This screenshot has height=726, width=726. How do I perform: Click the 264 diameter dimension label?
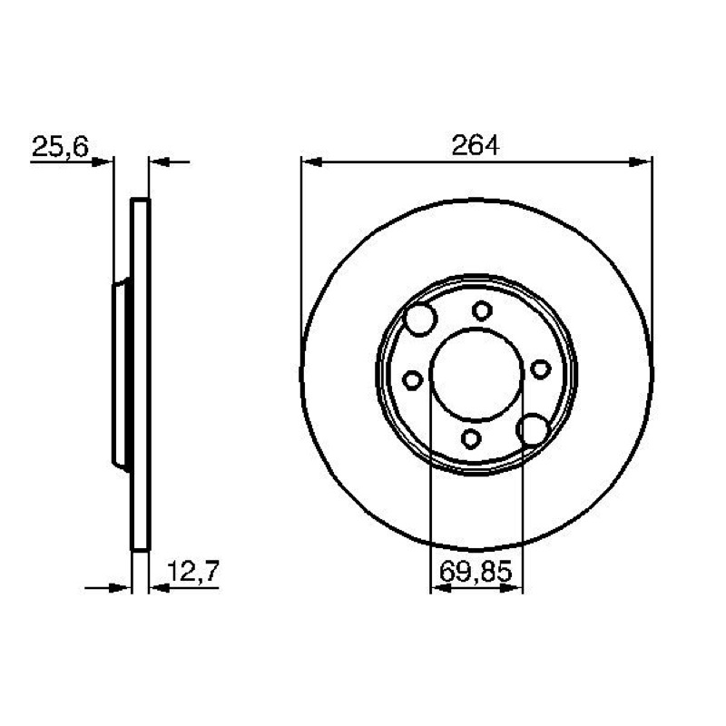pos(476,145)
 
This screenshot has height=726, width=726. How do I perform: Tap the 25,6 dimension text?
pos(60,147)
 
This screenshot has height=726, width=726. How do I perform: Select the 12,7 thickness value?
pos(192,571)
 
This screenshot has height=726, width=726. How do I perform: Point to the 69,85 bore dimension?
pos(476,571)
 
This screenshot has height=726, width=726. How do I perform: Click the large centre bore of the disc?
pos(476,374)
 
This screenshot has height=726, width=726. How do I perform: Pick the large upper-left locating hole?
pos(420,319)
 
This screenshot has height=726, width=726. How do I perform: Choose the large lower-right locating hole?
pos(533,429)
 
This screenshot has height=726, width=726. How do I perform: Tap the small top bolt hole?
pos(482,310)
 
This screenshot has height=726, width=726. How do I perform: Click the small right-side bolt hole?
pos(540,369)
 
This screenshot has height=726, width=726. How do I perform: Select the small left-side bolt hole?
pos(412,380)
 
